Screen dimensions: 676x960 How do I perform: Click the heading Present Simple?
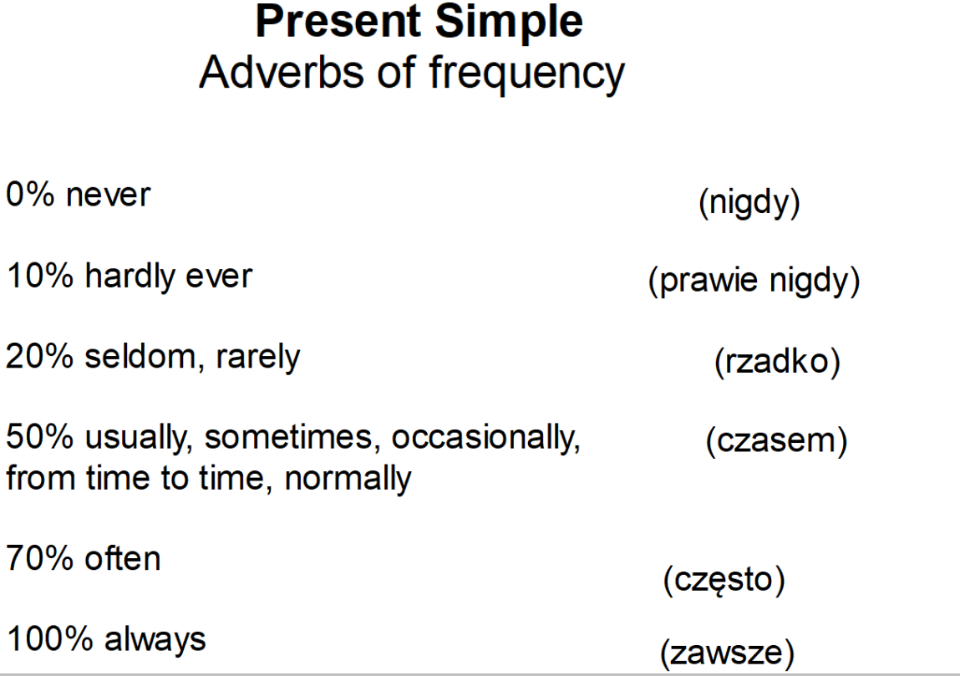pos(419,23)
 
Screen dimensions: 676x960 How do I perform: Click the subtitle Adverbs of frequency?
pos(411,74)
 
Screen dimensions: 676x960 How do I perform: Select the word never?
pos(109,196)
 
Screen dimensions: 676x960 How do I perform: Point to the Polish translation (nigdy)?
pos(748,205)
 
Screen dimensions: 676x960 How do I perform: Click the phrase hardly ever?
pos(168,276)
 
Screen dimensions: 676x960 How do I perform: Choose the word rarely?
pos(258,358)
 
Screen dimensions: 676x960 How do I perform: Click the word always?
pos(155,640)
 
